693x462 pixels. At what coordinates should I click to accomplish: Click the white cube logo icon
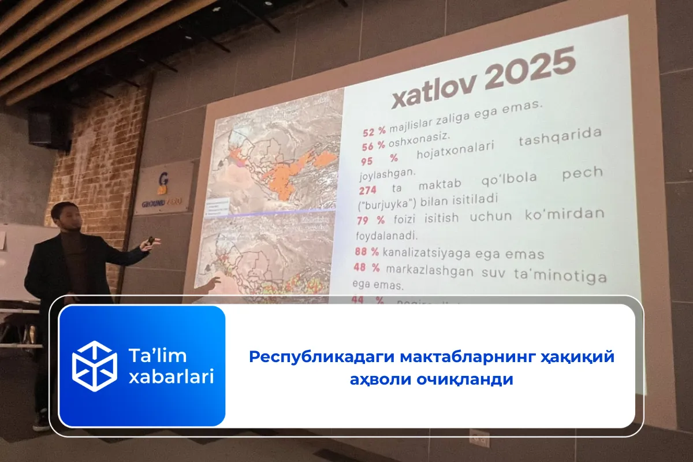pos(94,366)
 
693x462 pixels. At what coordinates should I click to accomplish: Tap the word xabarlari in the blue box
pos(171,377)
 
